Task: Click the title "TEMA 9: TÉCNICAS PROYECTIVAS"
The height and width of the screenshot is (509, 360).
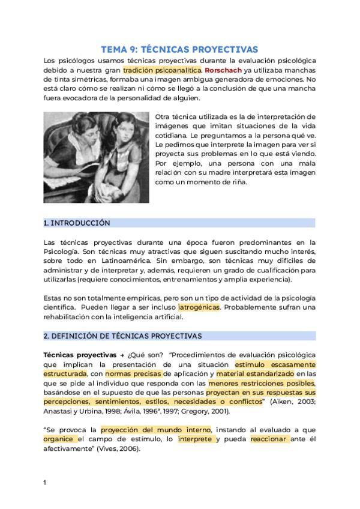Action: coord(179,49)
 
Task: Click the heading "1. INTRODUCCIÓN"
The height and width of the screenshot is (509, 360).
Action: coord(77,223)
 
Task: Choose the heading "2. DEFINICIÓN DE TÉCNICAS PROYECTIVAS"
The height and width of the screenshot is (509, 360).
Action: coord(122,336)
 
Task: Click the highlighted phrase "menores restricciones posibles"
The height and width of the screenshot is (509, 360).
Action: coord(262,383)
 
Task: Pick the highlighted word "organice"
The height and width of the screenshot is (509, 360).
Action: coord(58,439)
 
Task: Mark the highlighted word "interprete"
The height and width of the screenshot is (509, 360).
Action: coord(194,439)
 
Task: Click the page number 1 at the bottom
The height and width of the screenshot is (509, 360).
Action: coord(45,482)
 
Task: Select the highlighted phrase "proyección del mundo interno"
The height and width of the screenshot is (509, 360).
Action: coord(155,430)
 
